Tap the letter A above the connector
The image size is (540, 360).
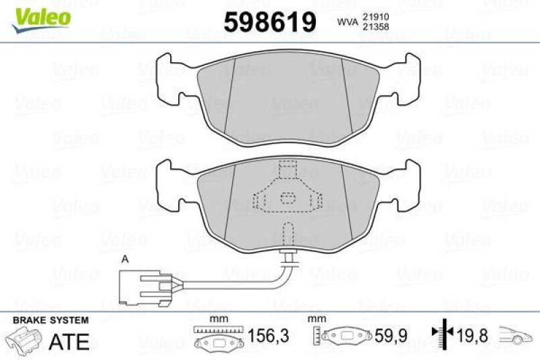[x=124, y=259]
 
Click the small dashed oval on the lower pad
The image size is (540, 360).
[x=288, y=198]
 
